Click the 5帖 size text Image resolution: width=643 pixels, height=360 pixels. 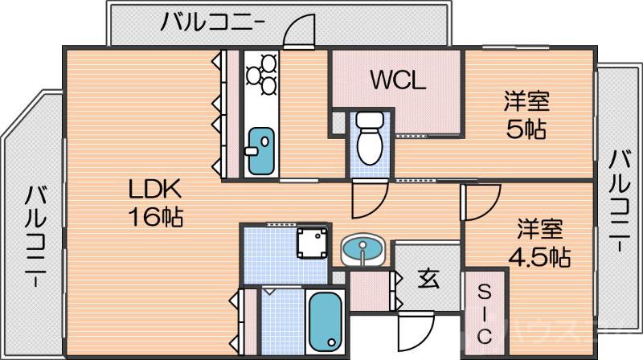526,128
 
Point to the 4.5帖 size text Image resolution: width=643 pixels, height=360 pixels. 539,257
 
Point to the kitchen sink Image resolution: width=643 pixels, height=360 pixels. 260,149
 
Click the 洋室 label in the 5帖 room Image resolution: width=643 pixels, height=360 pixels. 526,102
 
